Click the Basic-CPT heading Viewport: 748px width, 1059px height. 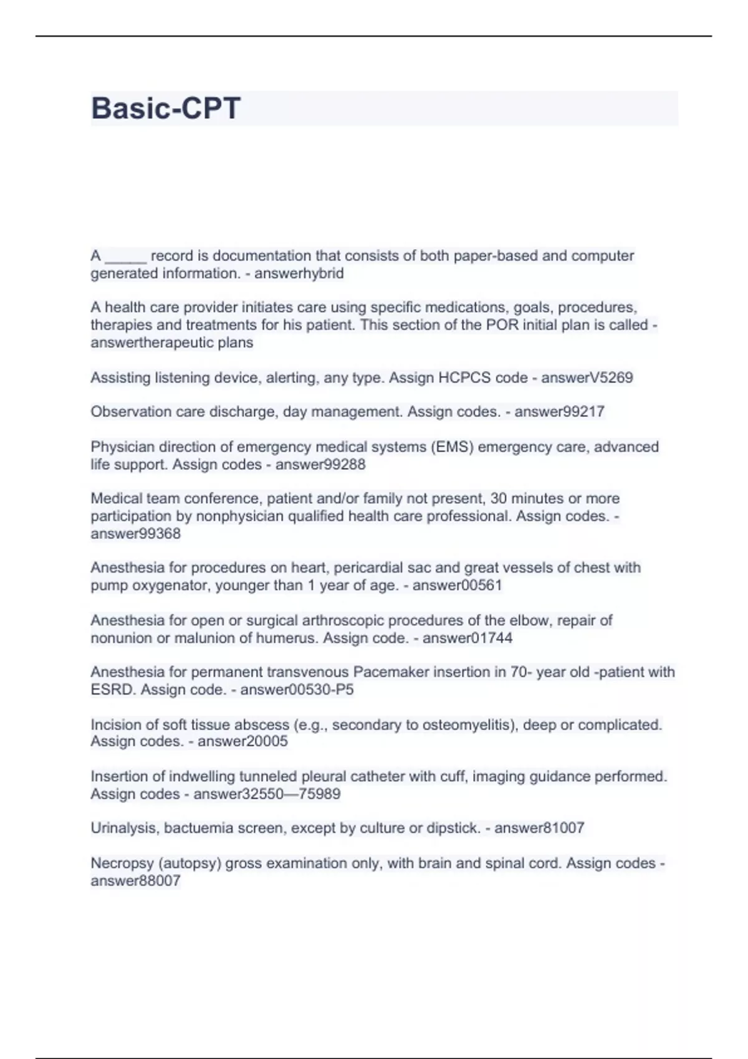point(166,108)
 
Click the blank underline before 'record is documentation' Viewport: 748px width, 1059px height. point(126,257)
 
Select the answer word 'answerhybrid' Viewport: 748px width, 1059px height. point(299,273)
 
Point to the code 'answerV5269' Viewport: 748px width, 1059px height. point(587,378)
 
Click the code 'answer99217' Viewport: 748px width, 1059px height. point(559,412)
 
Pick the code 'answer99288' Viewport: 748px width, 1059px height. point(320,465)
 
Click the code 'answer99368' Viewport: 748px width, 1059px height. point(136,534)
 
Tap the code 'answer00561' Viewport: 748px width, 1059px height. point(457,586)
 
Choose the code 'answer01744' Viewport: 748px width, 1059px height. point(467,638)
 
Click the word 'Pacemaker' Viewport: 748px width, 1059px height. point(388,672)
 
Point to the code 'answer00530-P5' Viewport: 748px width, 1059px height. point(297,690)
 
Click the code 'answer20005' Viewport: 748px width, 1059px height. point(242,741)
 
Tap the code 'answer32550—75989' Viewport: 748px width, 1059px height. point(267,794)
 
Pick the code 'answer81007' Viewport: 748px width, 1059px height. point(539,829)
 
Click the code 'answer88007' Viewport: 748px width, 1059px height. point(136,881)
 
